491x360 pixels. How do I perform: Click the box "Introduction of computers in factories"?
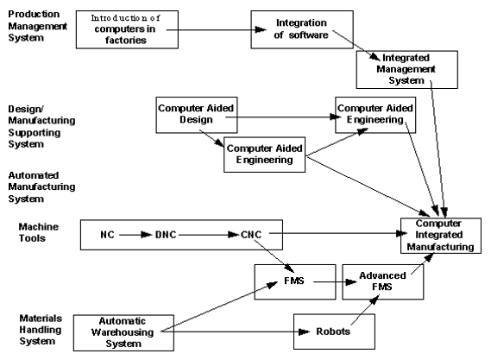coord(127,29)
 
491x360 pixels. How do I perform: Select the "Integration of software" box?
coord(302,29)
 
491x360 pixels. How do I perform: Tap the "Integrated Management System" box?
coord(406,70)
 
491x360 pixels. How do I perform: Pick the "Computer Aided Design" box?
coord(197,115)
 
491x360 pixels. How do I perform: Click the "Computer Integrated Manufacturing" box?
coord(441,236)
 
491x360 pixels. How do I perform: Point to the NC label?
coord(107,235)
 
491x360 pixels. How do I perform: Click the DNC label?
coord(166,235)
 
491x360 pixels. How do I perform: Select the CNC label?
coord(251,235)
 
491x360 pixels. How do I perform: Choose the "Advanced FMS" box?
coord(382,281)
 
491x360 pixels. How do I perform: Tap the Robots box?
coord(334,332)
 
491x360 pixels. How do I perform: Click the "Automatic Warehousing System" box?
coord(123,332)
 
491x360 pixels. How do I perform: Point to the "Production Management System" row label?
coord(38,26)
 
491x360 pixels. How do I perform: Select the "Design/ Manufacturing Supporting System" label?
coord(41,127)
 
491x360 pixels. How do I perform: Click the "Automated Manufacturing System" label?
coord(41,187)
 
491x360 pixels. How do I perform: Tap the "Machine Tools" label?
coord(39,232)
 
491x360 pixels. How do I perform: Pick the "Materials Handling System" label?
coord(41,330)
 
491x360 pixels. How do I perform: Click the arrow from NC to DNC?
coord(135,235)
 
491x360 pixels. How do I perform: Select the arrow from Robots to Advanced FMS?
coord(365,310)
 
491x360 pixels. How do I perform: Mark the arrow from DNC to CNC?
coord(209,235)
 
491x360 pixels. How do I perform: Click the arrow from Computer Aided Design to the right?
coord(283,117)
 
